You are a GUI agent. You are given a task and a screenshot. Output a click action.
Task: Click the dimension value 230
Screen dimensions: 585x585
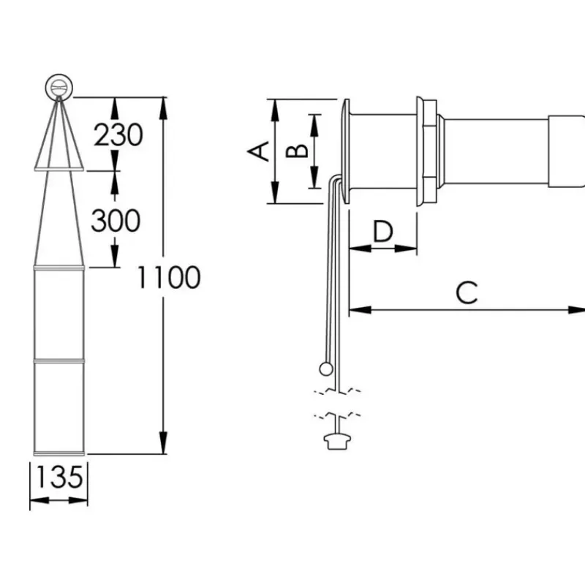click(118, 135)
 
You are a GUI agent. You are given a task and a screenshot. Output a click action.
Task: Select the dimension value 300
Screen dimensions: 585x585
click(116, 221)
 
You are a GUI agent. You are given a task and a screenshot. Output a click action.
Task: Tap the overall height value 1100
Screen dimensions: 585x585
click(169, 278)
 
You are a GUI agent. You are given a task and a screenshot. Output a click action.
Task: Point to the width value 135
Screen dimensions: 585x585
click(59, 477)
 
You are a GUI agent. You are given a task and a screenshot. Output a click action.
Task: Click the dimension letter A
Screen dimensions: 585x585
click(258, 151)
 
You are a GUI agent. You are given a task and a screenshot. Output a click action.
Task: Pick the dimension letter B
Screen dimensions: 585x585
click(297, 151)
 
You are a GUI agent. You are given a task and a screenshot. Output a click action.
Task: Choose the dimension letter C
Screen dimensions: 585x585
click(467, 292)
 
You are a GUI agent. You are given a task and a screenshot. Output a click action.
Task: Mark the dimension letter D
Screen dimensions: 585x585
click(382, 231)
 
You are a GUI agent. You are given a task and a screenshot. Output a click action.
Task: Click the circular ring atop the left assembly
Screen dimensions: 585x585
click(59, 87)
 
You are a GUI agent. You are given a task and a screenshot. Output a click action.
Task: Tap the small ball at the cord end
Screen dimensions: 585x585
click(326, 369)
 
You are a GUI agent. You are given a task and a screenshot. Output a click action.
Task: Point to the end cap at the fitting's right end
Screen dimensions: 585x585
click(566, 151)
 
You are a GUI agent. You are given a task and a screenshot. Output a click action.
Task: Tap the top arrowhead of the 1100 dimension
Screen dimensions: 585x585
click(163, 108)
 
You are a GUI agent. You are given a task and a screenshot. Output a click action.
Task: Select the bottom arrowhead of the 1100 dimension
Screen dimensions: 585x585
click(163, 443)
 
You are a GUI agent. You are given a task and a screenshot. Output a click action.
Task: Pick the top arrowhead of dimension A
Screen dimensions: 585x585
click(276, 110)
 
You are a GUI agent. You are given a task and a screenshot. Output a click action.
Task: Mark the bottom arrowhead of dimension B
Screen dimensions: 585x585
click(314, 177)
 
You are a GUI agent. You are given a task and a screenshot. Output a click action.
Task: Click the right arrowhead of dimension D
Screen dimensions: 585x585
click(406, 248)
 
